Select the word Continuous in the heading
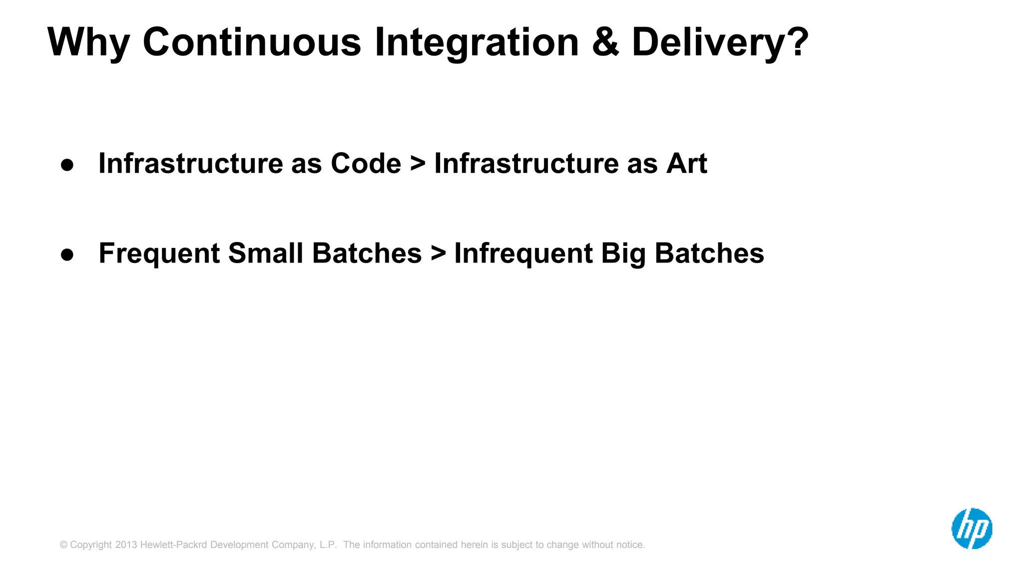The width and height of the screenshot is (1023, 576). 252,42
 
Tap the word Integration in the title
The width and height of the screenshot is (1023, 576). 477,43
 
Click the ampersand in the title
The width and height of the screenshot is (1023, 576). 605,42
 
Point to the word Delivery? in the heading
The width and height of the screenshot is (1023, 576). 719,43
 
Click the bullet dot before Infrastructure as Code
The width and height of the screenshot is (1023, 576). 67,165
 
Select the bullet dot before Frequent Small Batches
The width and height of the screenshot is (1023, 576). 67,254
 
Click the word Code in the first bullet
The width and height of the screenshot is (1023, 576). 366,163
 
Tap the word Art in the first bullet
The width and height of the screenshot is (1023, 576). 686,163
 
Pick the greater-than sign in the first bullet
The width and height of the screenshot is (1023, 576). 418,164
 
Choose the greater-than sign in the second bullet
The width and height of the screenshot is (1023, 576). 438,253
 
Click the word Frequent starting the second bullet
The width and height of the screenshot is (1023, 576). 159,253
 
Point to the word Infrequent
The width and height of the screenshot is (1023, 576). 523,253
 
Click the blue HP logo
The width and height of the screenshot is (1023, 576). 972,528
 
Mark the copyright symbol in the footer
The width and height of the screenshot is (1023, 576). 63,545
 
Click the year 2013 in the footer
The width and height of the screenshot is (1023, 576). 126,545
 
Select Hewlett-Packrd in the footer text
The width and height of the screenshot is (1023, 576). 173,545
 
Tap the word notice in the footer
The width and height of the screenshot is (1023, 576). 631,545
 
